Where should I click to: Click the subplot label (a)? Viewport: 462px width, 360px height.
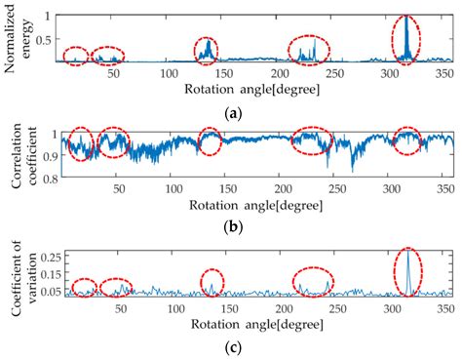pos(232,114)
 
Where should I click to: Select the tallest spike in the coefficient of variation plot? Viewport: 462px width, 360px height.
pos(408,226)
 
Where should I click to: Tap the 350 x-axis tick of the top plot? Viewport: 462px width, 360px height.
pos(444,73)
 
